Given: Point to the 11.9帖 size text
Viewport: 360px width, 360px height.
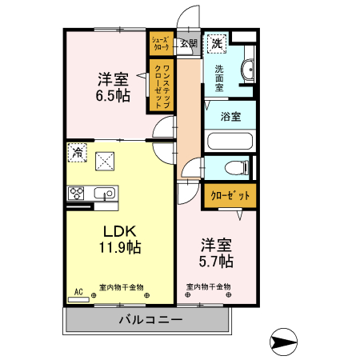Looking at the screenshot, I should (121, 247).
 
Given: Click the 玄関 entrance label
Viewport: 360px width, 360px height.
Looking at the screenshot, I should (188, 44).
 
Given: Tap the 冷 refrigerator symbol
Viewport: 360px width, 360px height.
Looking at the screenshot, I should (78, 151).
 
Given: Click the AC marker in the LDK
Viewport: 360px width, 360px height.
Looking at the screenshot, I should (78, 292).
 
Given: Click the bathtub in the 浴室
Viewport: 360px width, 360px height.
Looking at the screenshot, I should (230, 142).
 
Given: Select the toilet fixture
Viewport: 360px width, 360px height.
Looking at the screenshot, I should (235, 168).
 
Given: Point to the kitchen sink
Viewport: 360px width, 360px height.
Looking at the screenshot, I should (104, 192).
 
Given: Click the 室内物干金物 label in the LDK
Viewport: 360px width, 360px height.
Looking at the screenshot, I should (121, 287).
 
